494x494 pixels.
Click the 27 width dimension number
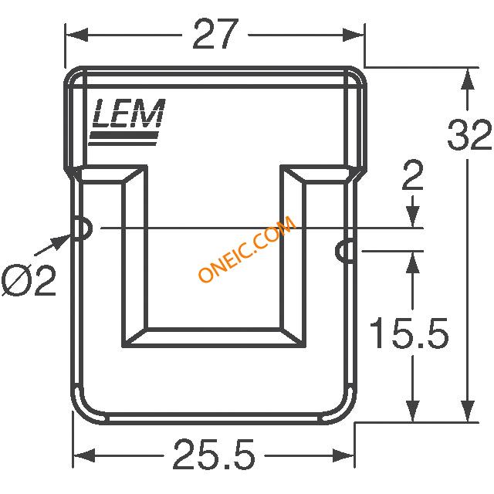215,34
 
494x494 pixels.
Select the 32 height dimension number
470,134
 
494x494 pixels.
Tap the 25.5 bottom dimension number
215,455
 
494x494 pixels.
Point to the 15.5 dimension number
409,333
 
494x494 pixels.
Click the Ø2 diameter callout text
29,280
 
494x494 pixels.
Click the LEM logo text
129,113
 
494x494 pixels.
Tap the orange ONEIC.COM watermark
247,249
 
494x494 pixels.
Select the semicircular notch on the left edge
83,228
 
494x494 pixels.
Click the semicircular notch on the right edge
345,251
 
